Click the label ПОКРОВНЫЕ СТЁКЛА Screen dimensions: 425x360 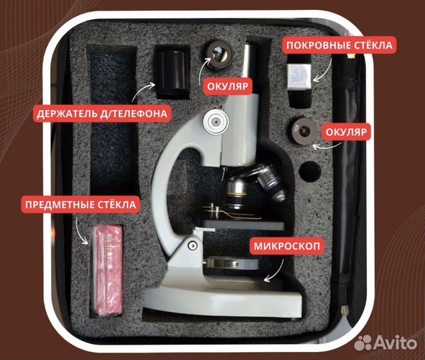pyautogui.click(x=339, y=45)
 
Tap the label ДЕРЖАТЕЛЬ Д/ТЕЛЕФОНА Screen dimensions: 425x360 pyautogui.click(x=102, y=113)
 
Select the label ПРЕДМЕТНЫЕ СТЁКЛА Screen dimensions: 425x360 pyautogui.click(x=81, y=205)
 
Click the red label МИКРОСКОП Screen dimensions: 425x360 pyautogui.click(x=287, y=246)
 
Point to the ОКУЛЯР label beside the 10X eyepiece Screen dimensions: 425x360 pyautogui.click(x=346, y=132)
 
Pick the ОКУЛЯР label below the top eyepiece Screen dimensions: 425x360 pyautogui.click(x=228, y=86)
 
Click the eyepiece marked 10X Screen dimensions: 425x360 pyautogui.click(x=302, y=131)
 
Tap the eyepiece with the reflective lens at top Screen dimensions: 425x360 pyautogui.click(x=218, y=54)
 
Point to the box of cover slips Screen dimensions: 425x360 pyautogui.click(x=298, y=76)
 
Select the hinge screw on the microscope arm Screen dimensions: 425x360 pyautogui.click(x=192, y=245)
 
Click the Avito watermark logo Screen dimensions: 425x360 pyautogui.click(x=386, y=343)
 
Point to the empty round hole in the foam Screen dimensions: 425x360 pyautogui.click(x=310, y=172)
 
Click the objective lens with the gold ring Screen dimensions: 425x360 pyautogui.click(x=236, y=194)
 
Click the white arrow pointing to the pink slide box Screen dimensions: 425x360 pyautogui.click(x=81, y=230)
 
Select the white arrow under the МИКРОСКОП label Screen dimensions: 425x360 pyautogui.click(x=276, y=272)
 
